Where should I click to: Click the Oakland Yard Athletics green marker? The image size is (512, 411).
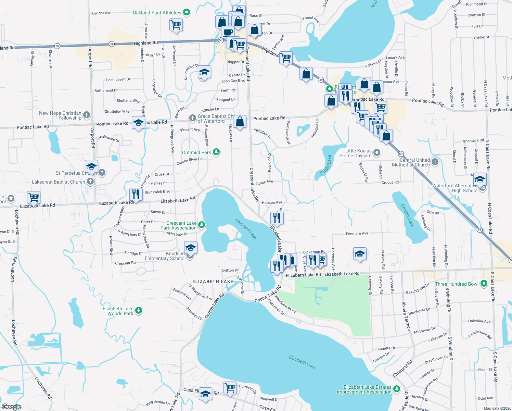click(187, 13)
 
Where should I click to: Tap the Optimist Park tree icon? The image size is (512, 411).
click(216, 152)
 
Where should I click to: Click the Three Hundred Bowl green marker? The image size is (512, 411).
click(484, 284)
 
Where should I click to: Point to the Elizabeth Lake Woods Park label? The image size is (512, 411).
click(118, 311)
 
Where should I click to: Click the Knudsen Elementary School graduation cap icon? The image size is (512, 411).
click(191, 248)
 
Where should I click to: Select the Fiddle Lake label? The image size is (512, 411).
click(326, 165)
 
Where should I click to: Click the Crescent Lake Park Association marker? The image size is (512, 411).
click(202, 225)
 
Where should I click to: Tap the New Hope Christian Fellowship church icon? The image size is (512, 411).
click(87, 115)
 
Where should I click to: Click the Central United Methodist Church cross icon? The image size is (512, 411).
click(435, 162)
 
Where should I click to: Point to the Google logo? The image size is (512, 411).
click(11, 407)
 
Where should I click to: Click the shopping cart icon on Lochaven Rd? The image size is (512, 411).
click(34, 197)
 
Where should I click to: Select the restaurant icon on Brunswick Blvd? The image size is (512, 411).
click(136, 195)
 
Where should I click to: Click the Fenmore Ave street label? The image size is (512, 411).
click(357, 234)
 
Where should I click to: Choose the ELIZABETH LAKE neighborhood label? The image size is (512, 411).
click(213, 282)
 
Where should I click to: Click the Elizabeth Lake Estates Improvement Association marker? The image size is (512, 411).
click(397, 389)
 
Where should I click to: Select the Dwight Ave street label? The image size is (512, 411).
click(102, 13)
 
